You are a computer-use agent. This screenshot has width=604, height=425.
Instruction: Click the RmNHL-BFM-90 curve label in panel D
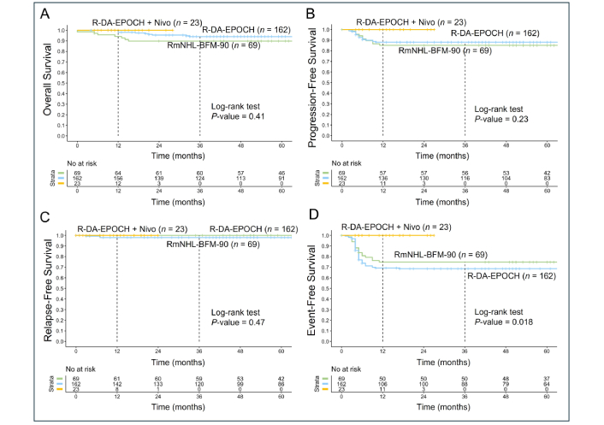[x=436, y=255]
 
